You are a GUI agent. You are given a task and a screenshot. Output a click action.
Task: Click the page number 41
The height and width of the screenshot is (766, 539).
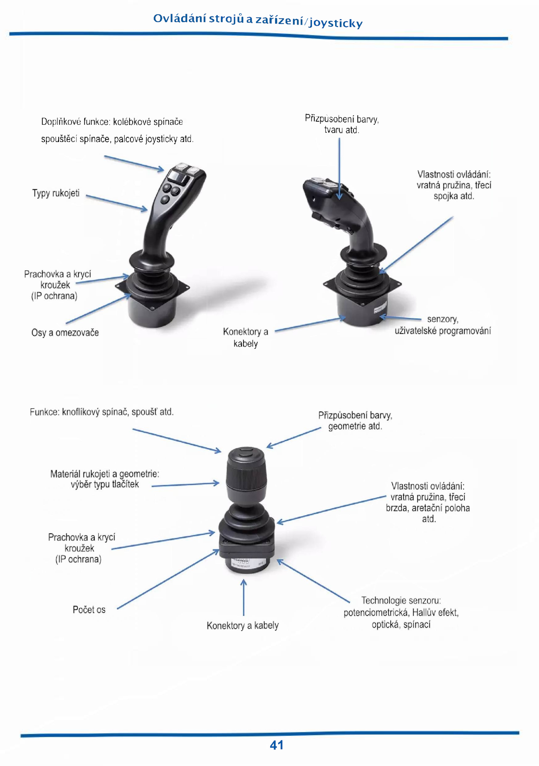pos(276,745)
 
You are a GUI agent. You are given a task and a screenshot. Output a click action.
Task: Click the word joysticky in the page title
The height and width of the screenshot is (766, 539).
pos(336,23)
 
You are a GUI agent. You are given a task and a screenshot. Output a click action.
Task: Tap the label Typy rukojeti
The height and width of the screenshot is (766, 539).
pos(56,193)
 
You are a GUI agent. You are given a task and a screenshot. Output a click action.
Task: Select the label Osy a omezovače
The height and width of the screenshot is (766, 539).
pos(65,333)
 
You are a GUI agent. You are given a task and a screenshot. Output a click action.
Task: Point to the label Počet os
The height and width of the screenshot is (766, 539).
pos(89,610)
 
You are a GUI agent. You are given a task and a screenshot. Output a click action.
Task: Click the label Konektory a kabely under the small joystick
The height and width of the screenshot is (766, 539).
pos(243,625)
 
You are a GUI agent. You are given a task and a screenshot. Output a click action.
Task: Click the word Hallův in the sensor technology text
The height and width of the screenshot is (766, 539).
pos(425,612)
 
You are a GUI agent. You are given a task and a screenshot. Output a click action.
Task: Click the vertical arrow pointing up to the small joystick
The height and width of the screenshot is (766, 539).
pos(244,597)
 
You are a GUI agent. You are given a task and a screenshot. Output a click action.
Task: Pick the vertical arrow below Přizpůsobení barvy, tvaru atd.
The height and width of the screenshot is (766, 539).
pos(339,169)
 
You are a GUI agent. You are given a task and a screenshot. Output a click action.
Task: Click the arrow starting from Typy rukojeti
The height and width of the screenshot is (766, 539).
pos(117,203)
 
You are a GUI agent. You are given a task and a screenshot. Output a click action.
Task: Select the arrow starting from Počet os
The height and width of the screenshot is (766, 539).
pos(168,579)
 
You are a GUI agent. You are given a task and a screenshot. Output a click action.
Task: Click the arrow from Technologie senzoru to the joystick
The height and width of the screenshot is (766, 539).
pos(313,581)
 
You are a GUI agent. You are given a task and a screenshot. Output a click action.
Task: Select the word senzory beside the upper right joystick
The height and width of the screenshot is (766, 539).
pos(443,319)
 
